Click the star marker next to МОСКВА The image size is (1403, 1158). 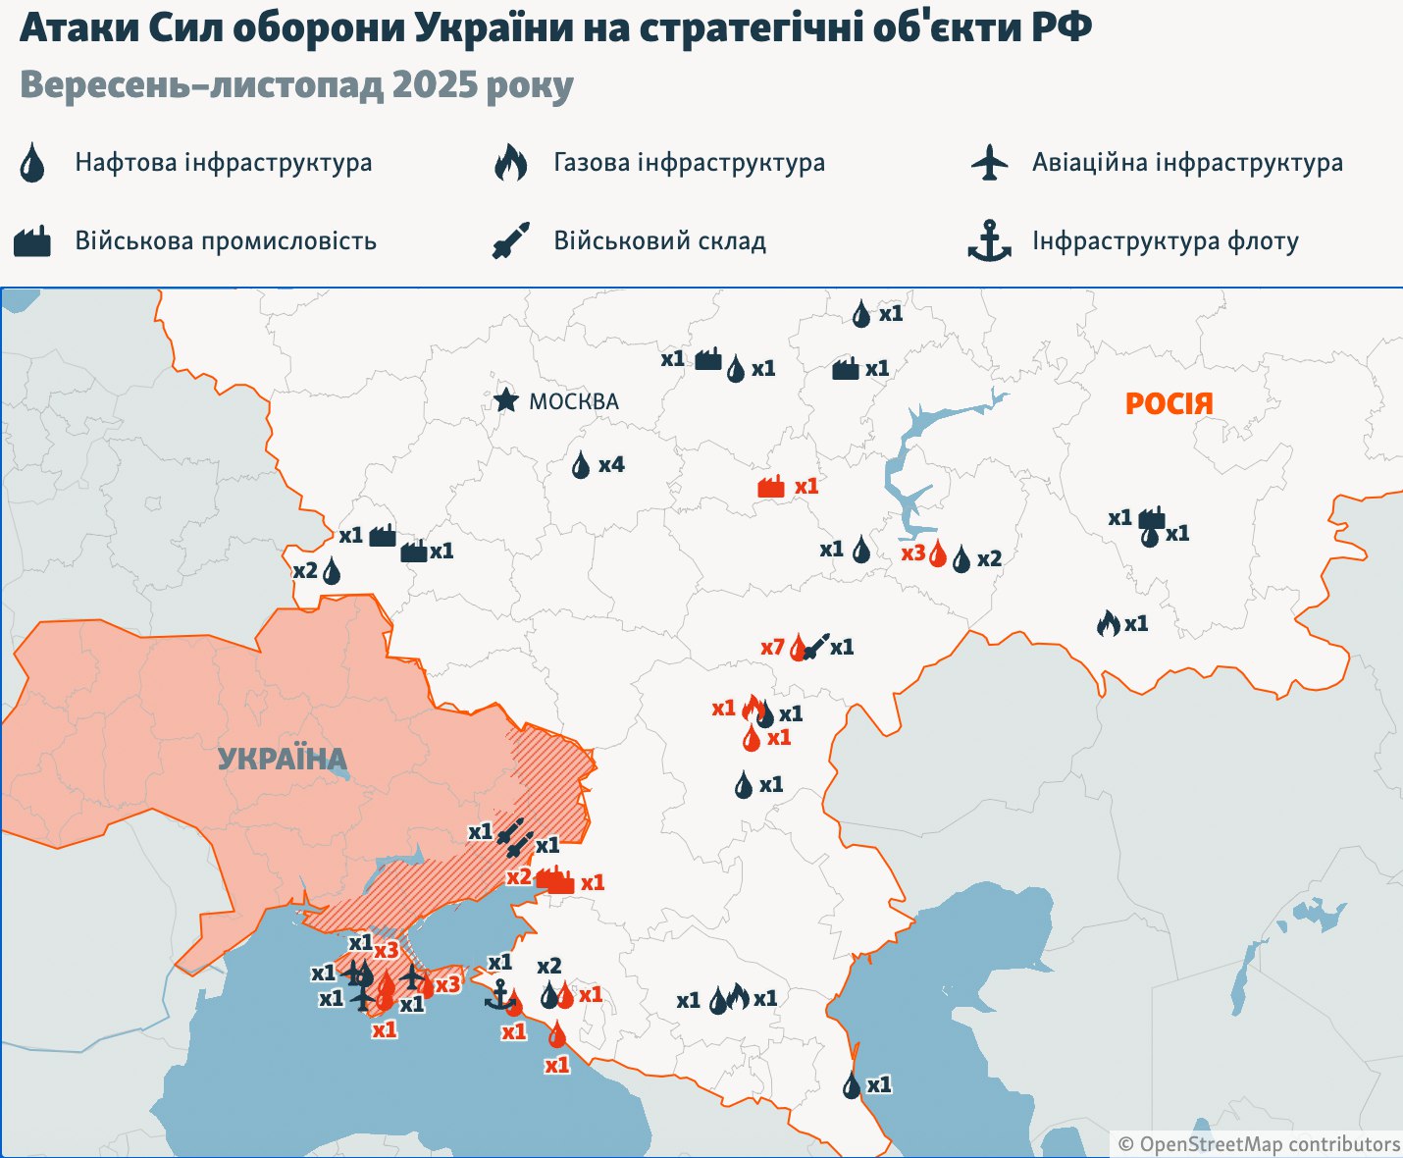point(505,400)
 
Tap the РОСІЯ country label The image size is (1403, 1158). point(1169,403)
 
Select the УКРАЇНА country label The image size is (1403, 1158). point(283,759)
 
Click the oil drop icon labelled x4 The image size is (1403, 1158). point(581,465)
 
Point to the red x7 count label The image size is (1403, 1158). point(772,648)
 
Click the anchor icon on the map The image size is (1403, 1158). point(499,995)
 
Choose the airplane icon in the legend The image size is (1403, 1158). point(989,162)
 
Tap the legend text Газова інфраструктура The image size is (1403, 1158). point(689,162)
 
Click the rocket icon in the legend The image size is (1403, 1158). point(510,240)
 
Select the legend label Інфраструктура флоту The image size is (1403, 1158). point(1165,240)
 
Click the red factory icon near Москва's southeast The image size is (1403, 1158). point(772,487)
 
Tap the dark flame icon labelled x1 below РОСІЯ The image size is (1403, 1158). point(1108,623)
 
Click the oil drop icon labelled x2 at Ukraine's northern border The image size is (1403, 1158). point(332,571)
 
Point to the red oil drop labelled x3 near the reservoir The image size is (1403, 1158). point(938,555)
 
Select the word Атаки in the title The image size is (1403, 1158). point(78,28)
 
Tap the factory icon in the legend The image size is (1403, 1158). point(31,240)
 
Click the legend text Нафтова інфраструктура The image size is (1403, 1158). point(224,162)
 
